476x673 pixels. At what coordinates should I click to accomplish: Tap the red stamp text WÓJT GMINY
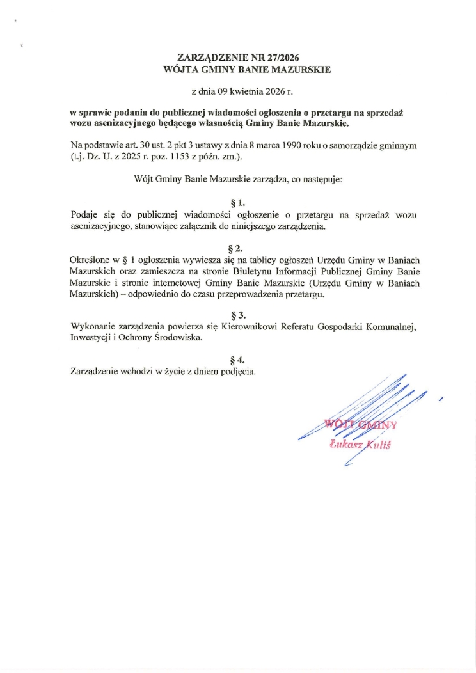360,424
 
